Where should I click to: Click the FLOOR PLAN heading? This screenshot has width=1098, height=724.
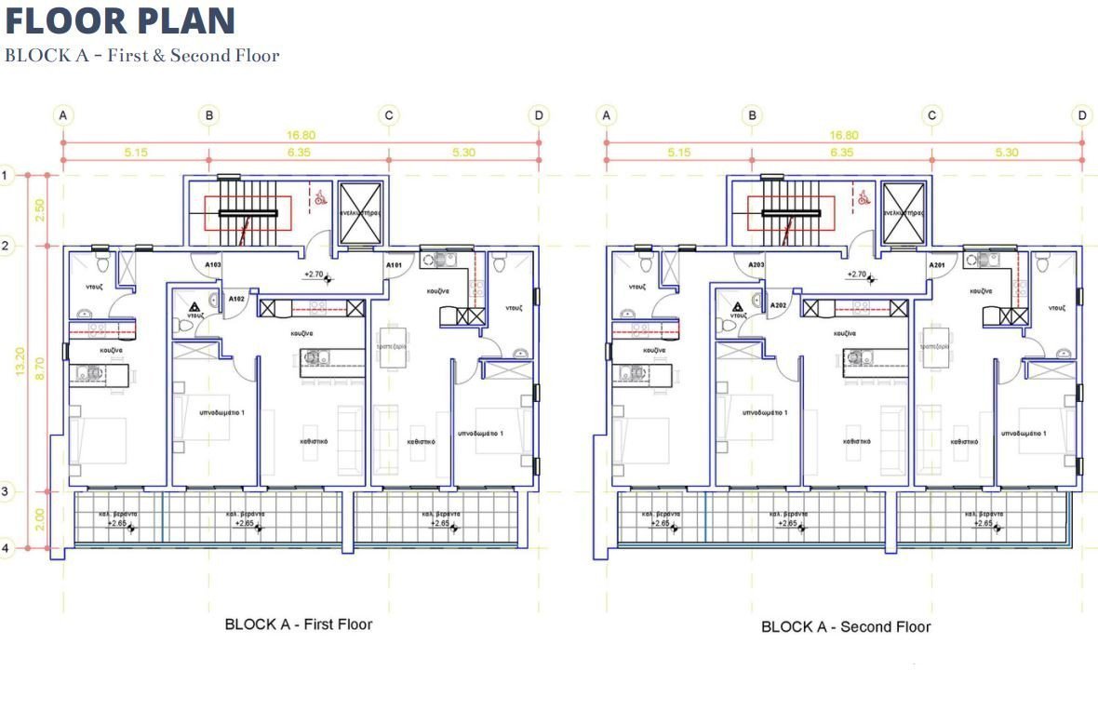coord(120,20)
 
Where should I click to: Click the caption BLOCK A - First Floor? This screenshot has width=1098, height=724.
coord(298,623)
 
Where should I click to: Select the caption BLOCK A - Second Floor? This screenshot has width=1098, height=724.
coord(846,626)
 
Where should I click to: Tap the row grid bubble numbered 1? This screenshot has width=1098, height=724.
coord(6,174)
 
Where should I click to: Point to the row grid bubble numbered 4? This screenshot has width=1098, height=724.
coord(6,548)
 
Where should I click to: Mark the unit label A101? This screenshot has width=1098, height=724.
coord(394,265)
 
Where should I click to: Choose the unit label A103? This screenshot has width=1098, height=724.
coord(212,265)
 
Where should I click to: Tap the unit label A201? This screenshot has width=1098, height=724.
coord(936,265)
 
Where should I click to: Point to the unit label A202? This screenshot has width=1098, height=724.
coord(779,305)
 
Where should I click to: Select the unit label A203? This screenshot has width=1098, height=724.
coord(756,265)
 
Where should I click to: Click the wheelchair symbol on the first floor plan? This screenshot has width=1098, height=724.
coord(319,196)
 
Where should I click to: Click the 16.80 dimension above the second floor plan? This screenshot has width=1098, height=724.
coord(843,135)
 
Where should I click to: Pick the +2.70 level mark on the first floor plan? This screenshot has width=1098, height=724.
coord(314,275)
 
